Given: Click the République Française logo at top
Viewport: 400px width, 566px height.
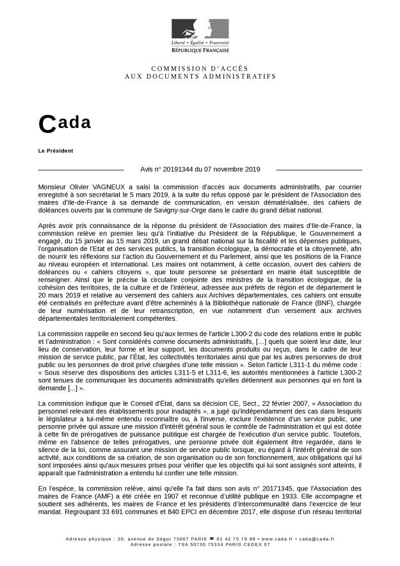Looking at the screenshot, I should point(200,35).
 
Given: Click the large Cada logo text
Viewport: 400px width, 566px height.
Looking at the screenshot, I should point(65,123).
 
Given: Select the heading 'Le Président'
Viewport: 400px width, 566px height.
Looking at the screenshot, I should point(56,150).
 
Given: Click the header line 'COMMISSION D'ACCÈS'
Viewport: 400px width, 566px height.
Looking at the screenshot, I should point(200,69).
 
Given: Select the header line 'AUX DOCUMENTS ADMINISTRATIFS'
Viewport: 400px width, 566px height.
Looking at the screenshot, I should point(200,76).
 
